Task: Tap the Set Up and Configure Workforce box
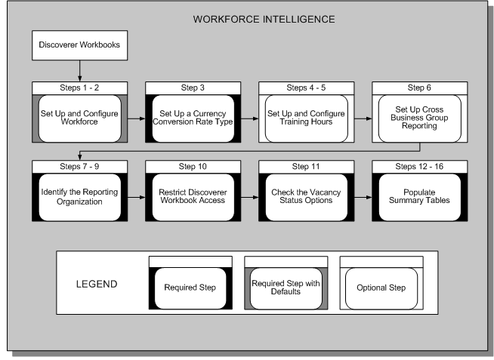tap(79, 118)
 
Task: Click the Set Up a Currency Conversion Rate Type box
tap(193, 118)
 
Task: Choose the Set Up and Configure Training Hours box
tap(306, 118)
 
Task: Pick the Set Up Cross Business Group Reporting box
tap(419, 118)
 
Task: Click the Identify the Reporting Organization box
tap(79, 197)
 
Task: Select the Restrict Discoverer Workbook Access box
tap(193, 197)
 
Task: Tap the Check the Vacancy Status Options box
tap(306, 197)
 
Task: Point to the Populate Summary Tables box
tap(419, 197)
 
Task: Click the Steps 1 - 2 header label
tap(79, 88)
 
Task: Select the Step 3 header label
tap(193, 88)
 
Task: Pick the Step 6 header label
tap(419, 88)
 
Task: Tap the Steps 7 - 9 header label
tap(79, 166)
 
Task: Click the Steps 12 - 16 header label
tap(419, 166)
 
